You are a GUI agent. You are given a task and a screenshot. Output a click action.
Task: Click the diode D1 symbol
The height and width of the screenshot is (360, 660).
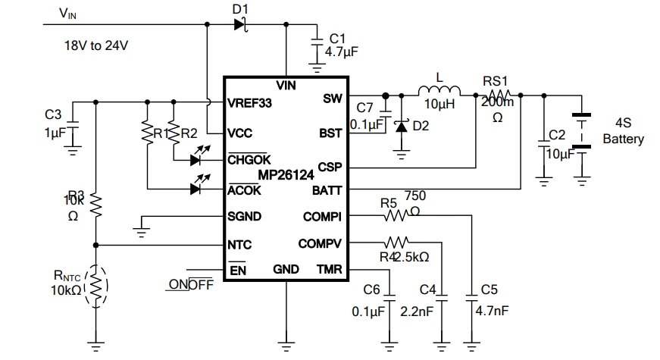coord(240,25)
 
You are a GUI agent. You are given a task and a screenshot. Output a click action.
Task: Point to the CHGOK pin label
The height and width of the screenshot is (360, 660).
coord(249,160)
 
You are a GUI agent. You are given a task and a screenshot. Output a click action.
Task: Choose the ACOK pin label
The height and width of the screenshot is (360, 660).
coord(244,190)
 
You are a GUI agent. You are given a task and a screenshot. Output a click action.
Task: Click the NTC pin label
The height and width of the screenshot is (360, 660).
coord(239,245)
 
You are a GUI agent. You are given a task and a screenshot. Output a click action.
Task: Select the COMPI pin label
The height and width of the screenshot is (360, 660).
coord(324,217)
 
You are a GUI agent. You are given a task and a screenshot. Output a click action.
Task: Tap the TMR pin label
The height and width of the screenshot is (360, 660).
coord(330,269)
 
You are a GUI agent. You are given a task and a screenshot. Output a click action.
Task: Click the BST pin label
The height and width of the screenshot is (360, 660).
coord(331,132)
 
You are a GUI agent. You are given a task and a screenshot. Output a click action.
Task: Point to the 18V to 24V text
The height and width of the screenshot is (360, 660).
coord(95,45)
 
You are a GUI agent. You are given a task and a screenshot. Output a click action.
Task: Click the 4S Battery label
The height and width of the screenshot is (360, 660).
coord(623,132)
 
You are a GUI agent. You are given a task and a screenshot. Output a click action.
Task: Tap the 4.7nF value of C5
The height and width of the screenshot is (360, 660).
coord(490,310)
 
